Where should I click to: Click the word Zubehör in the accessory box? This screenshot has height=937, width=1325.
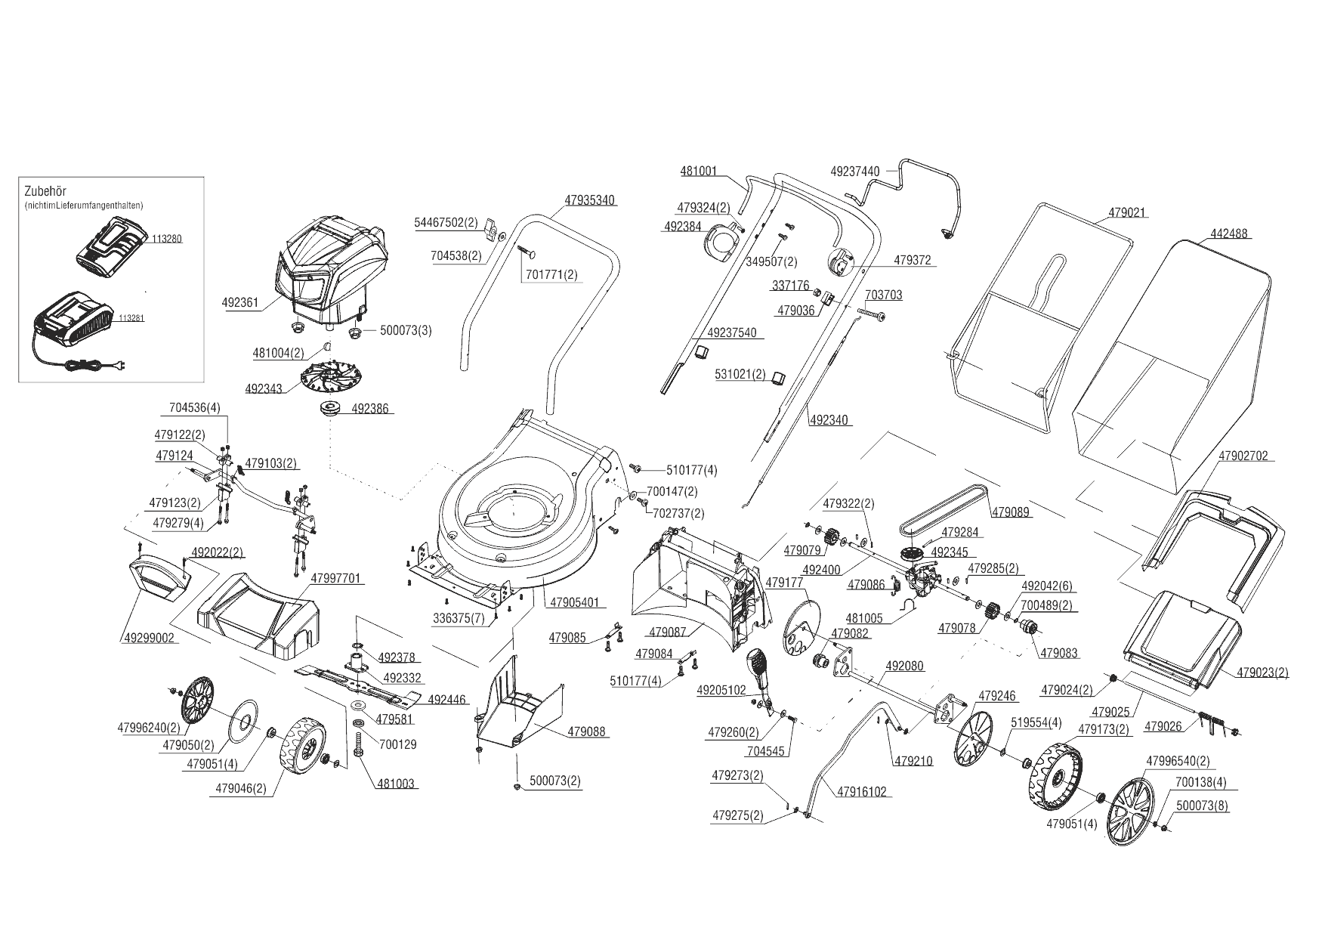45,192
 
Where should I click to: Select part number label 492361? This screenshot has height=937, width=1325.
240,303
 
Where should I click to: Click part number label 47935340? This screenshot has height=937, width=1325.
589,201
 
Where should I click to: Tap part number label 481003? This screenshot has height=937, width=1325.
394,784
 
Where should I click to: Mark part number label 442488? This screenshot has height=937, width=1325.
1230,234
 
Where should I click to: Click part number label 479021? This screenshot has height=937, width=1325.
1126,213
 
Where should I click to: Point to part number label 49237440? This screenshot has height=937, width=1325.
854,172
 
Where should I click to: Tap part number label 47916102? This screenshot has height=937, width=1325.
861,793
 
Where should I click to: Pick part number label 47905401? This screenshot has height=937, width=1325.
573,603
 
